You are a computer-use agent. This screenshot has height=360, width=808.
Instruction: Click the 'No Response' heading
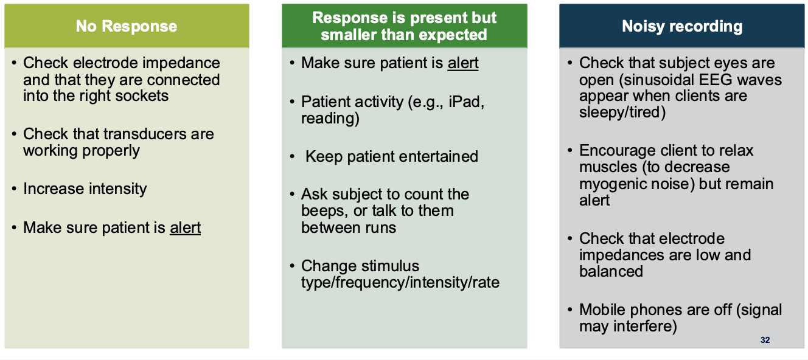pyautogui.click(x=127, y=26)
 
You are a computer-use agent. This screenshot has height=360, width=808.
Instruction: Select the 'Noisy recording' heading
pyautogui.click(x=682, y=26)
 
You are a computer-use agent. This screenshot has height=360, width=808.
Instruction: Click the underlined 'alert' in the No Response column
pyautogui.click(x=186, y=228)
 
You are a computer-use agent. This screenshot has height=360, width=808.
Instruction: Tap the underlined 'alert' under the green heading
pyautogui.click(x=463, y=63)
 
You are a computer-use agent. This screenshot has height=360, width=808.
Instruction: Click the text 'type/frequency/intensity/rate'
pyautogui.click(x=400, y=283)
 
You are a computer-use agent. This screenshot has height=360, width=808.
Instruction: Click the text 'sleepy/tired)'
pyautogui.click(x=622, y=112)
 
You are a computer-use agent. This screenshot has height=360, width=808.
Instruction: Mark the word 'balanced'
pyautogui.click(x=611, y=271)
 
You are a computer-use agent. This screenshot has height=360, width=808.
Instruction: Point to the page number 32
pyautogui.click(x=765, y=340)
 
